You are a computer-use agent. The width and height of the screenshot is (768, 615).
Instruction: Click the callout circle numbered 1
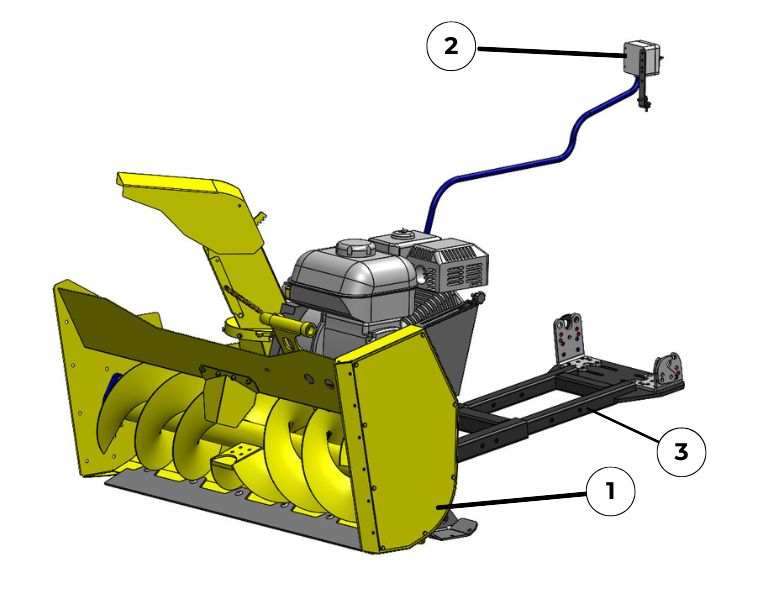pyautogui.click(x=610, y=491)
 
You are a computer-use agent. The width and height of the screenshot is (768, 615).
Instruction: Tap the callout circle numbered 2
pyautogui.click(x=451, y=47)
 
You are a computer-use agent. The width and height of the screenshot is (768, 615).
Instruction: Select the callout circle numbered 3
pyautogui.click(x=681, y=451)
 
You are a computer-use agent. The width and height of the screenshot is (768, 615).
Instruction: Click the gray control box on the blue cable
pyautogui.click(x=642, y=57)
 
